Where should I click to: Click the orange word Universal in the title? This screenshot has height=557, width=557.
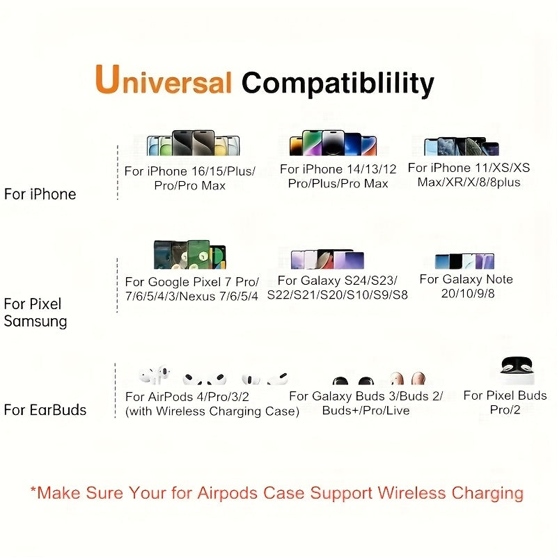tap(163, 81)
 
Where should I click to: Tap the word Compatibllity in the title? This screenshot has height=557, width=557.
tap(338, 84)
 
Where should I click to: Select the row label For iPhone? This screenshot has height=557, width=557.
tap(40, 194)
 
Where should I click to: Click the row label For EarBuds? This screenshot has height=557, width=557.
tap(45, 410)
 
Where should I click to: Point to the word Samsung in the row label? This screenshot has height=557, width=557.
tap(36, 322)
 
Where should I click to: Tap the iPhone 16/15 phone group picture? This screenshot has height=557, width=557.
tap(193, 143)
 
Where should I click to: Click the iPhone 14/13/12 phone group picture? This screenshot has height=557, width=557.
tap(333, 144)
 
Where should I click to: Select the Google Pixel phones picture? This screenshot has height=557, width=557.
tap(190, 256)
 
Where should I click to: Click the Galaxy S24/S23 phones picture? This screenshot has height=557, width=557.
tap(327, 259)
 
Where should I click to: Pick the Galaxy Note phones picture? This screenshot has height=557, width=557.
tap(464, 261)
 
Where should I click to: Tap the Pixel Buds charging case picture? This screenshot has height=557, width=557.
tap(517, 370)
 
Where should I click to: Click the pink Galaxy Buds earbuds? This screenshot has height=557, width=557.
tap(407, 379)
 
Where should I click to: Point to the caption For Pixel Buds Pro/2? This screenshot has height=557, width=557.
tap(505, 402)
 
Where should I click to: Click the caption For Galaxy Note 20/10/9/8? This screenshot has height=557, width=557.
tap(466, 286)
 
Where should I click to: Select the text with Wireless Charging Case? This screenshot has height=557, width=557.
tap(212, 411)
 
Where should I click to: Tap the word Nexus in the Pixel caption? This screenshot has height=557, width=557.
tap(218, 296)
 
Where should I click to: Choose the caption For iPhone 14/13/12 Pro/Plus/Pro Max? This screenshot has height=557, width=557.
tap(338, 176)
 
